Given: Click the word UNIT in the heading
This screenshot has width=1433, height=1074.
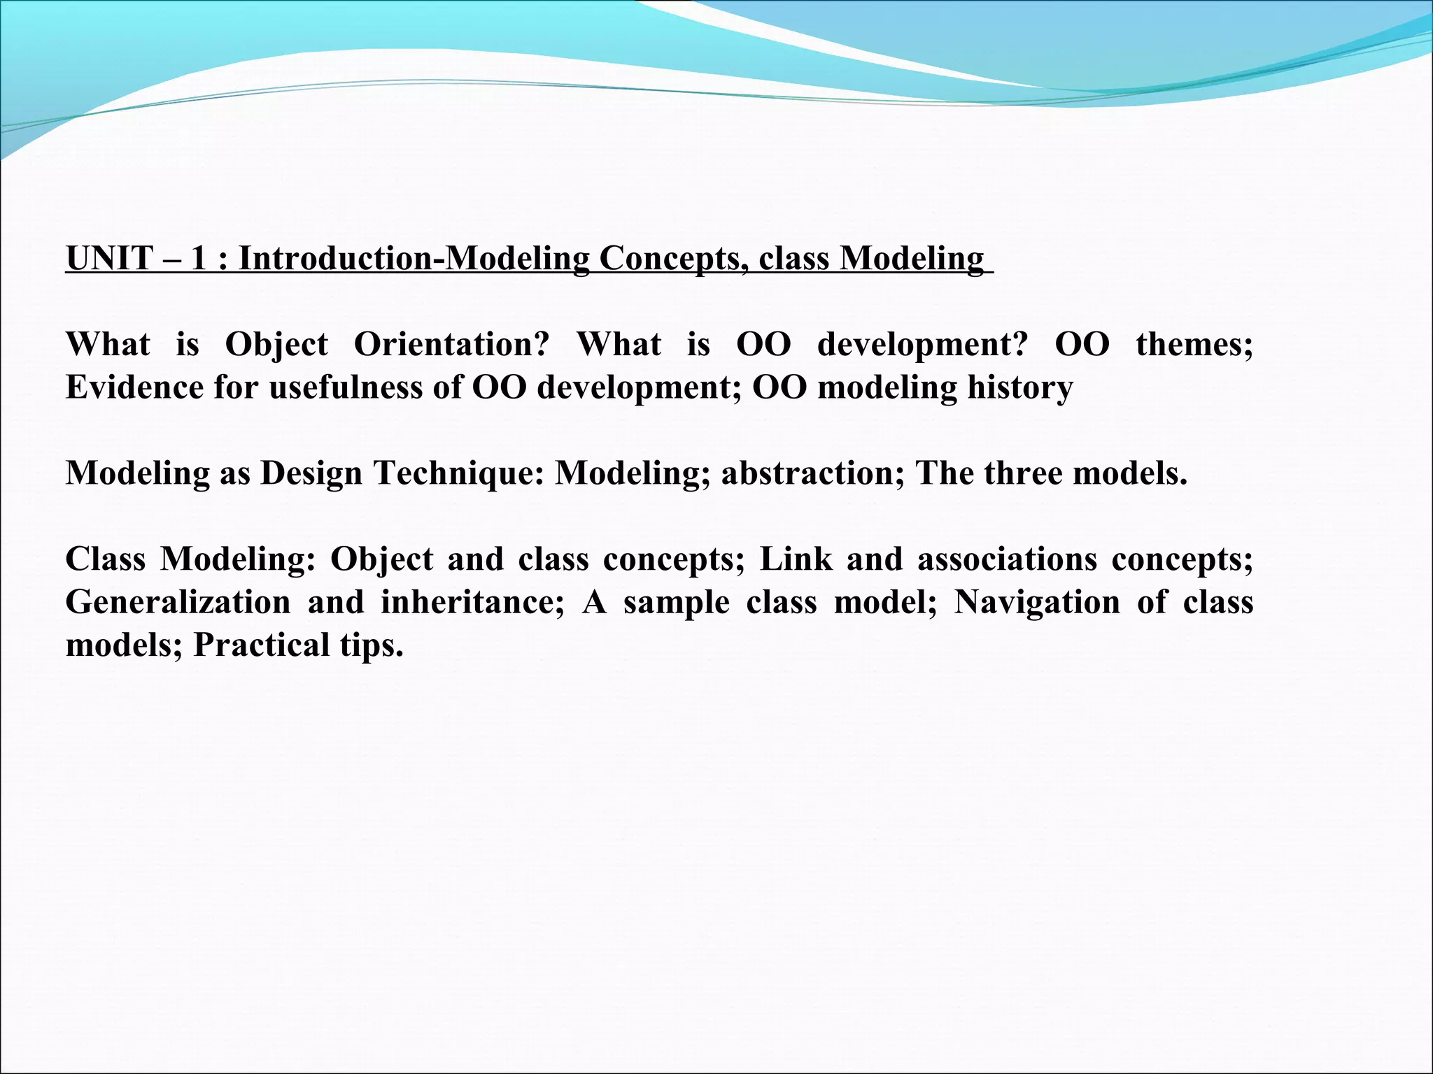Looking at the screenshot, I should [109, 258].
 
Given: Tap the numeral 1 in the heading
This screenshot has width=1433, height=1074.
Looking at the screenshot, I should [198, 258].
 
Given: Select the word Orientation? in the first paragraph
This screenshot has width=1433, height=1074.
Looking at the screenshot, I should [451, 345].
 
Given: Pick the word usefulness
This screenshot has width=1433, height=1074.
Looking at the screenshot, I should [346, 387].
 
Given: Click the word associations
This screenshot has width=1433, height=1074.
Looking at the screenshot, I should [1007, 559].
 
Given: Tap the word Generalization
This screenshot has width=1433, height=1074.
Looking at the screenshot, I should [178, 602].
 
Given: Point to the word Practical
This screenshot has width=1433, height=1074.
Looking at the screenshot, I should [260, 645].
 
